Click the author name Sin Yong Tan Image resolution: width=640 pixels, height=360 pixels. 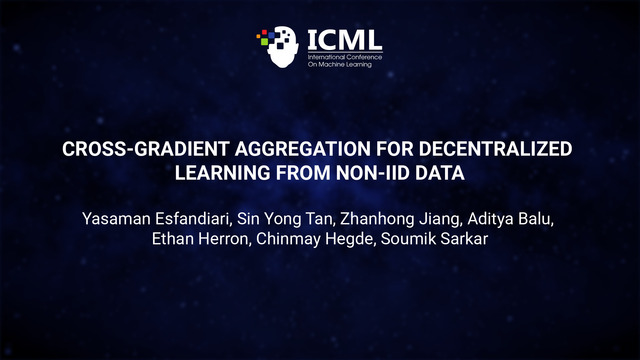point(285,220)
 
